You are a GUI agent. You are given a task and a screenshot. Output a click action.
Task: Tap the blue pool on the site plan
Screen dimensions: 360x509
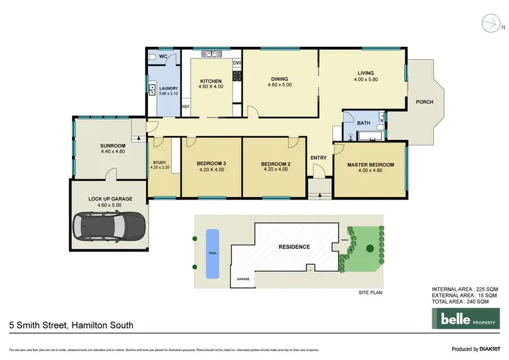[212, 253]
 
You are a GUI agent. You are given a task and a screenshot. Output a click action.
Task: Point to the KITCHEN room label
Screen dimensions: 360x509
[211, 81]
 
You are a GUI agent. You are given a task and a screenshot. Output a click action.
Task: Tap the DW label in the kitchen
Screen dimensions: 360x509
[237, 63]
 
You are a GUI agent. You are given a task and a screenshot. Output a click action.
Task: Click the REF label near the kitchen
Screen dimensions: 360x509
[185, 107]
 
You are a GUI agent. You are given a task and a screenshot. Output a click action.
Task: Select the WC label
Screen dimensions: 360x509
[154, 56]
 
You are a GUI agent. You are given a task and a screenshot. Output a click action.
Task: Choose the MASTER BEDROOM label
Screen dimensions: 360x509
[371, 164]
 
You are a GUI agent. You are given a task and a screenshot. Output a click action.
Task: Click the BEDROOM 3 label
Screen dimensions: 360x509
[211, 164]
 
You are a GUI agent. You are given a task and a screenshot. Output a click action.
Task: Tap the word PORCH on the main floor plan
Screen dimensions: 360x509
[424, 102]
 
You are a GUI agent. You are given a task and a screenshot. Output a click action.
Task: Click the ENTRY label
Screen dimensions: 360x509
[318, 158]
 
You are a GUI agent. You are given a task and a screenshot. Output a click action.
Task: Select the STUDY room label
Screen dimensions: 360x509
[159, 162]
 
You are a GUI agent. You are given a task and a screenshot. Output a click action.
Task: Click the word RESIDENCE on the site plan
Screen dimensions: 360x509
[294, 247]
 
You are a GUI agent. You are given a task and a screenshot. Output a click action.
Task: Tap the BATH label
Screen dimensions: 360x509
[364, 123]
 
